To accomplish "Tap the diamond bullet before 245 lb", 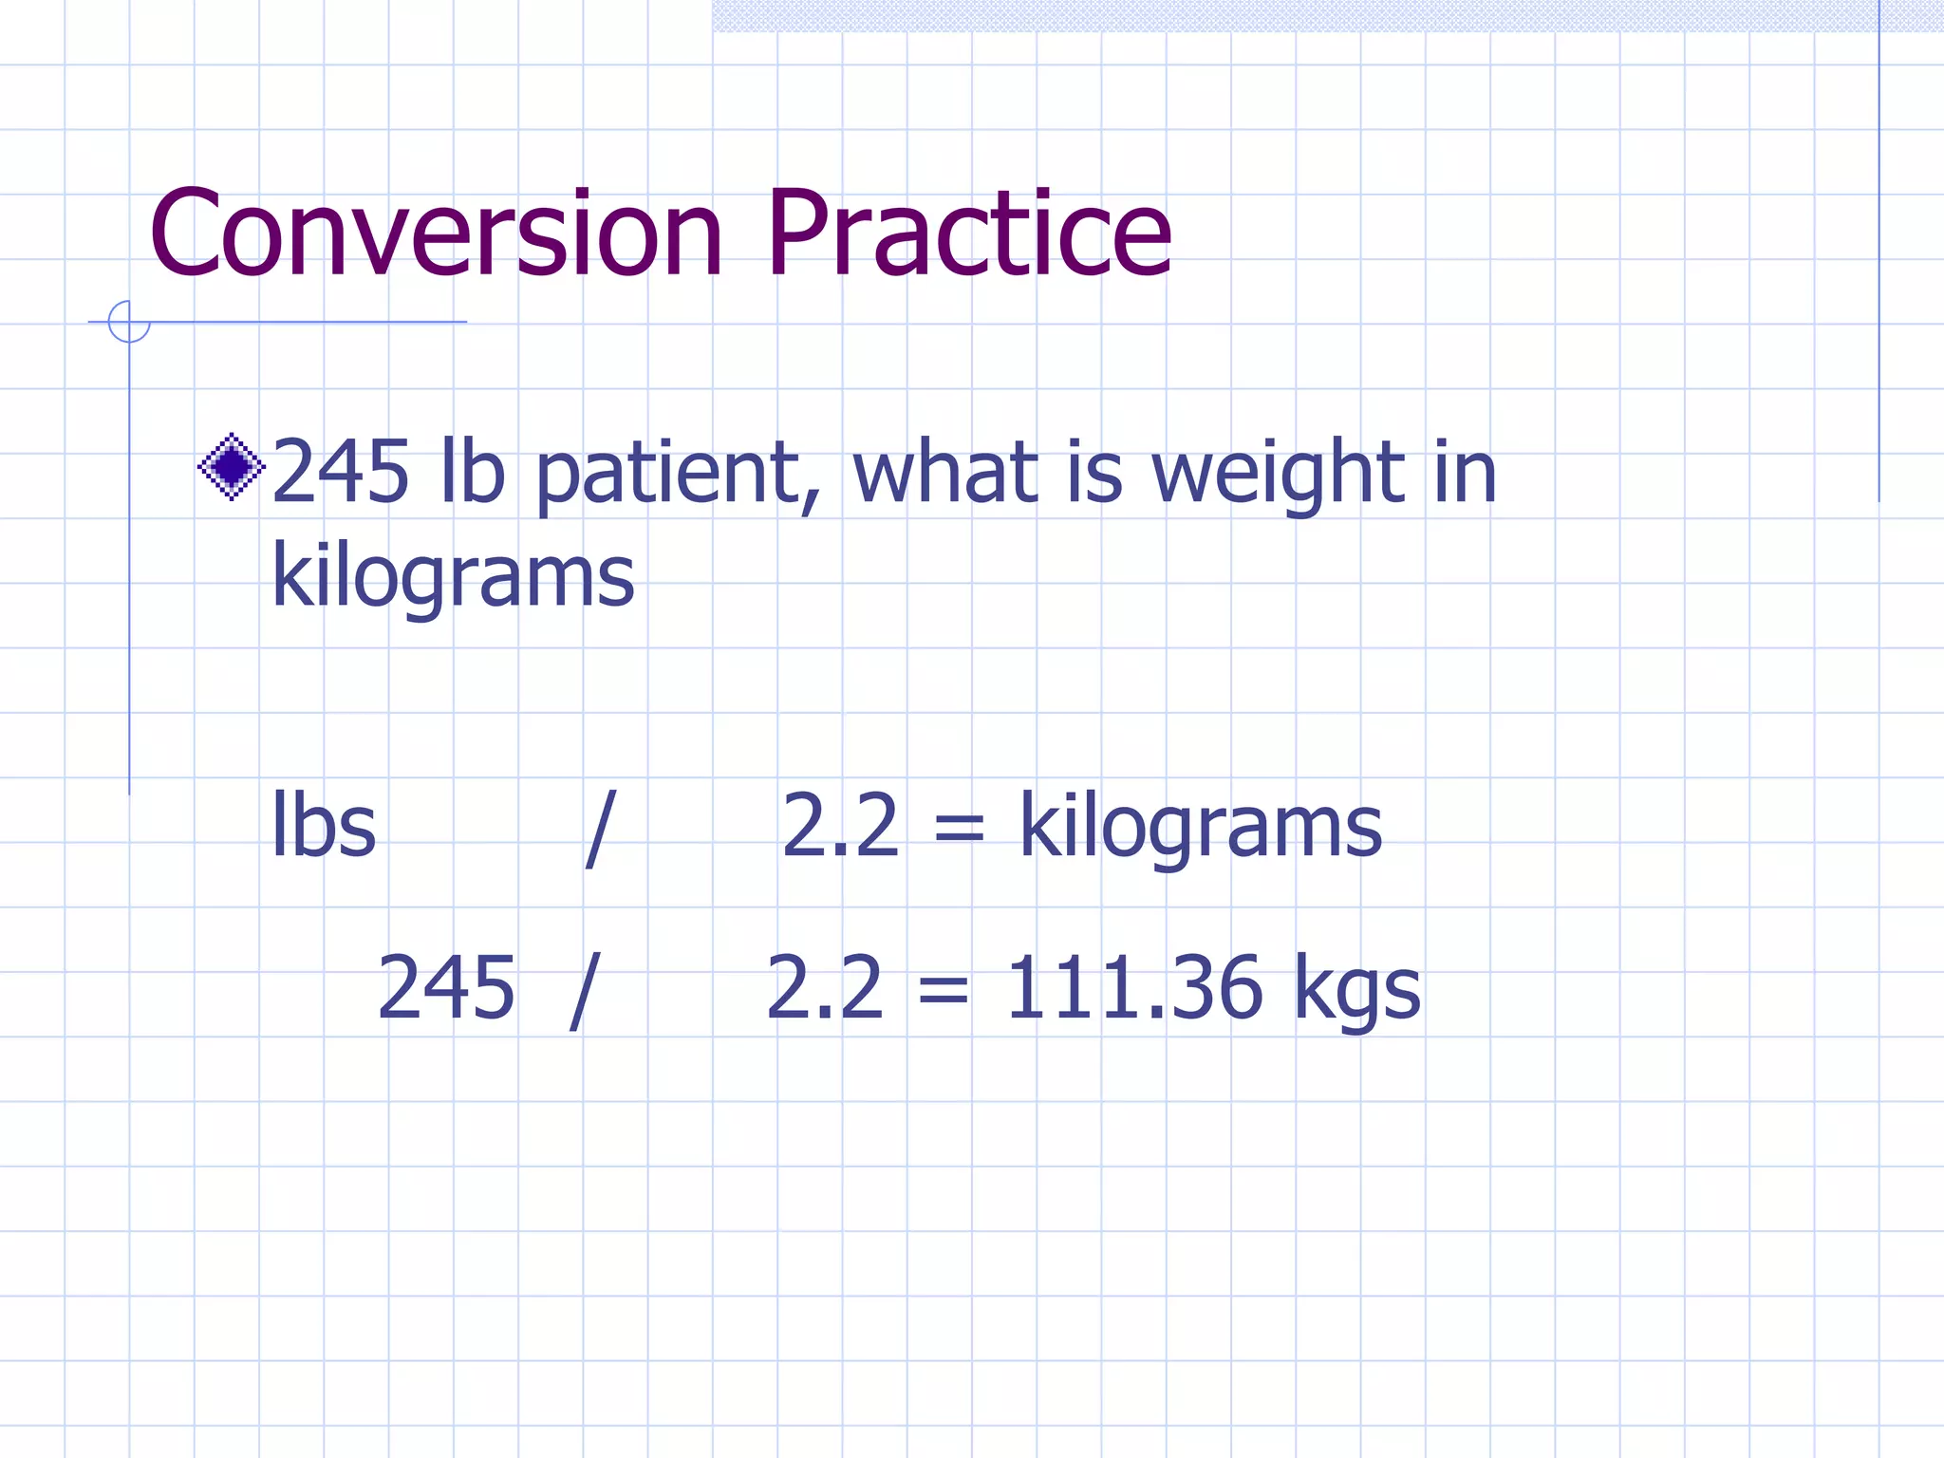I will click(231, 466).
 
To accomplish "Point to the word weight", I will click(1279, 475).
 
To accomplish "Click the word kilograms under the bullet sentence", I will click(453, 578).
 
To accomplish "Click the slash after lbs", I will click(600, 828).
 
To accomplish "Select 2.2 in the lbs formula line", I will click(840, 826).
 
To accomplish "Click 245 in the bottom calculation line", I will click(446, 988).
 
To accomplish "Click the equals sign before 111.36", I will click(944, 990).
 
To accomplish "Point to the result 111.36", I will click(1134, 988).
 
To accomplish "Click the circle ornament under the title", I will click(129, 321).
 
